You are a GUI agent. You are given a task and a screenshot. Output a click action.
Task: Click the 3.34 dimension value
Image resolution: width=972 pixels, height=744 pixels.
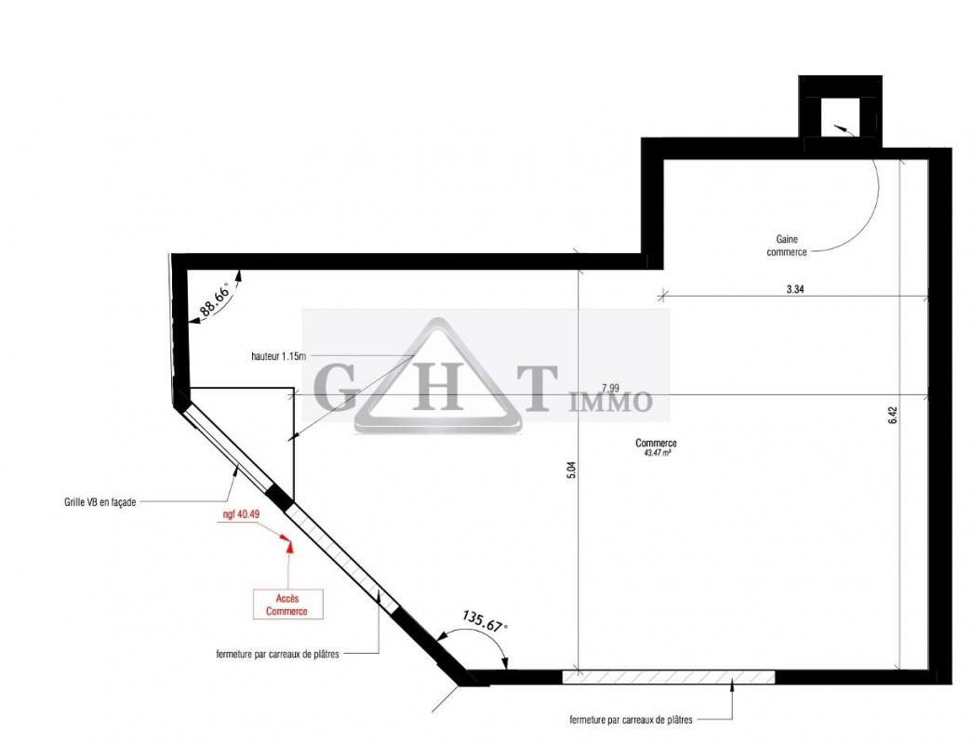(794, 289)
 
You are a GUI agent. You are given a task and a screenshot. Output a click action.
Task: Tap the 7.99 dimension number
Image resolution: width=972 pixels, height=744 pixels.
(610, 389)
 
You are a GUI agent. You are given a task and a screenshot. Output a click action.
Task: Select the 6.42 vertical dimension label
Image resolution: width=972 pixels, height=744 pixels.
(893, 415)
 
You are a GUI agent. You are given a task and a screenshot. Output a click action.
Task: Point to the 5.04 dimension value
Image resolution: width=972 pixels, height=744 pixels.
(571, 471)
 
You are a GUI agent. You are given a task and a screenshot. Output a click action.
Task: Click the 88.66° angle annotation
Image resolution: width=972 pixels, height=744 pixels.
(214, 299)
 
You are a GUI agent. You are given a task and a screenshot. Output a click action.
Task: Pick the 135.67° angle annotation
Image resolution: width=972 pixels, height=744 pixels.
(485, 621)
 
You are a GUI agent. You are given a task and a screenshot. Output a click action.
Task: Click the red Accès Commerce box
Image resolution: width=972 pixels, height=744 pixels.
(287, 604)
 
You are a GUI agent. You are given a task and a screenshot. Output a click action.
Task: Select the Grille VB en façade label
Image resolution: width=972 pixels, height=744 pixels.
(100, 502)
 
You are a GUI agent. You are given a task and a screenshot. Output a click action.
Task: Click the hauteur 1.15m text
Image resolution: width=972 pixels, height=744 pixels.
(278, 356)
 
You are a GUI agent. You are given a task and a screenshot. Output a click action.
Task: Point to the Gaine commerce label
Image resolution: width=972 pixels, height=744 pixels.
(787, 246)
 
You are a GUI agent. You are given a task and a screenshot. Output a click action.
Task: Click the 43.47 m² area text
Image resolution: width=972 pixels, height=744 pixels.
(658, 453)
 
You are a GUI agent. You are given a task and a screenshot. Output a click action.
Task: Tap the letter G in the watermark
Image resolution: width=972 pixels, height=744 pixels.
(336, 388)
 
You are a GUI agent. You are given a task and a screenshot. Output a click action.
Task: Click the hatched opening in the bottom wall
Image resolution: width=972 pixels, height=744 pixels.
(668, 677)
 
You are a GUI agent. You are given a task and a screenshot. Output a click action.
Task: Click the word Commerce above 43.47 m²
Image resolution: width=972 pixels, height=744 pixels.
(656, 444)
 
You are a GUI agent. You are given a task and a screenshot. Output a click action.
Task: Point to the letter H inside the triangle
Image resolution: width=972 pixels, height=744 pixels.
(438, 388)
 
